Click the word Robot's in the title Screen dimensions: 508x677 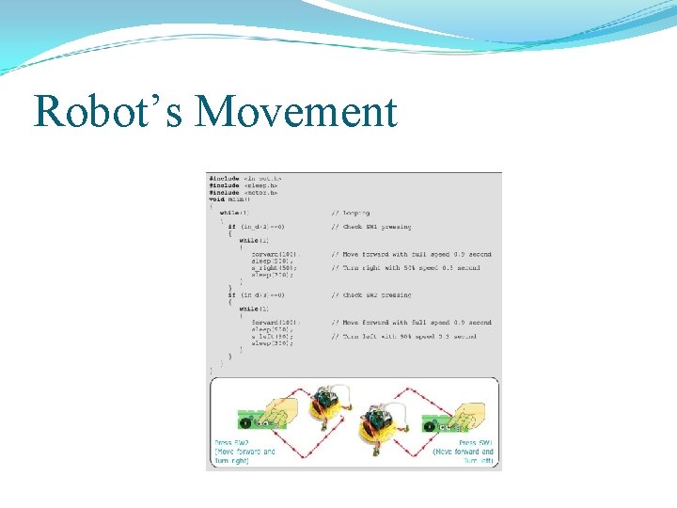108,112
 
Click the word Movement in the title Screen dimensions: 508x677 296,112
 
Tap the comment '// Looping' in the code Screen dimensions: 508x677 351,213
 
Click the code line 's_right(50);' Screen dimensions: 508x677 273,268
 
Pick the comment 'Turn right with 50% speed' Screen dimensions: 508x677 405,268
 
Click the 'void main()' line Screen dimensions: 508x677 228,199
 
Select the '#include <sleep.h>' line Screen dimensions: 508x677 244,185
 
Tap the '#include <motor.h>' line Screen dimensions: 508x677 244,192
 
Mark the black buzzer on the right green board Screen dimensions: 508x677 430,424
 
